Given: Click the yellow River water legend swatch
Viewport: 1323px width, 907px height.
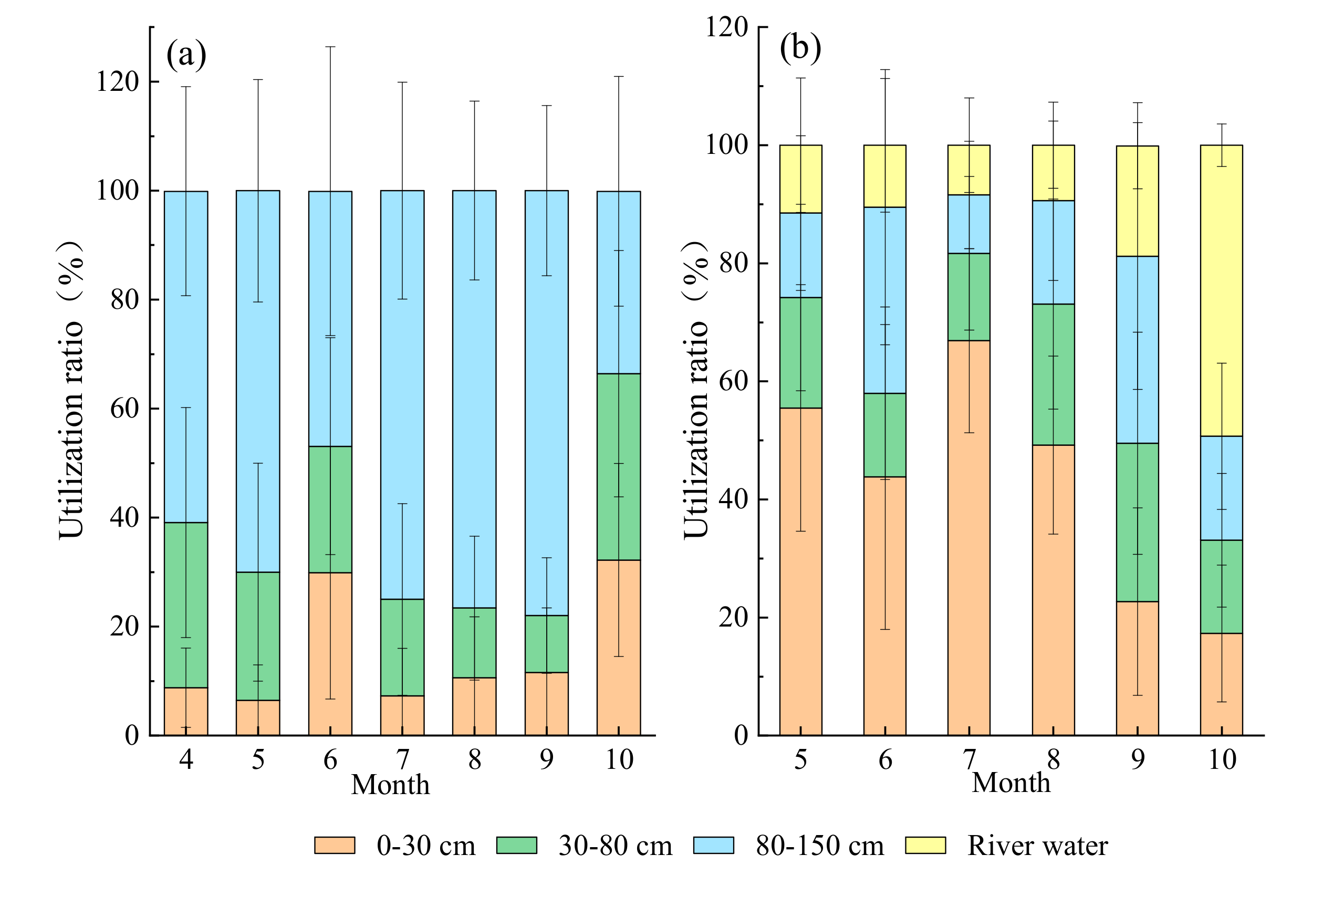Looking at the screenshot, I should (x=925, y=845).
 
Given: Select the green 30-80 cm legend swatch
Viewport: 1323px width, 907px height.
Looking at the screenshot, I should (x=516, y=845).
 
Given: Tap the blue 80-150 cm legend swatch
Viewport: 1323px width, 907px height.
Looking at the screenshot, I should (x=713, y=845).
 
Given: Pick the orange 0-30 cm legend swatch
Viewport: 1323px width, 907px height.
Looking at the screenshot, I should (x=335, y=845).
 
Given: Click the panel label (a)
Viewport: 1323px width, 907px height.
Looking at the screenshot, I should (x=186, y=55).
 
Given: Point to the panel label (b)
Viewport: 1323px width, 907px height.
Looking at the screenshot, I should (x=800, y=48).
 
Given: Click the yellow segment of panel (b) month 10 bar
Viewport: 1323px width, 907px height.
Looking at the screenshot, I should (x=1222, y=290).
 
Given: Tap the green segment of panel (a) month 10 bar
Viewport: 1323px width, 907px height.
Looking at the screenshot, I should (x=619, y=467).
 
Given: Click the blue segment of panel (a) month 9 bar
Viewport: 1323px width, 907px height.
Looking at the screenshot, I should (x=547, y=399).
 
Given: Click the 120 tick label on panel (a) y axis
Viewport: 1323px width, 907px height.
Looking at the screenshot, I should (x=117, y=82).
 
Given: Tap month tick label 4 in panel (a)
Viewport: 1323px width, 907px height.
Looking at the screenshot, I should (x=186, y=759).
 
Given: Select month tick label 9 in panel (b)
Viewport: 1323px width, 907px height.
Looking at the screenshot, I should (x=1138, y=759).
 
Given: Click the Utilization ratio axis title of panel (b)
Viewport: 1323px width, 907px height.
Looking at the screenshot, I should (x=696, y=390).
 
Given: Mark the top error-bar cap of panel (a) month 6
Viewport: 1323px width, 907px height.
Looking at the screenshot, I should (x=330, y=47).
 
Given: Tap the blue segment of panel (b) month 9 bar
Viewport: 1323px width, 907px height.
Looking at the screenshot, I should (x=1138, y=350).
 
